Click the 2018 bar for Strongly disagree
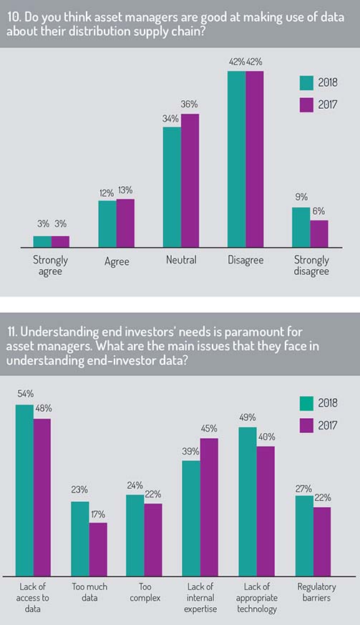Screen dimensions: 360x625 [301, 227]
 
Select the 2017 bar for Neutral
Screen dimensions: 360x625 [190, 180]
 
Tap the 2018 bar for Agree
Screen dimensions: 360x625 [107, 224]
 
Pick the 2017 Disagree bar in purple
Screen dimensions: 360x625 [255, 160]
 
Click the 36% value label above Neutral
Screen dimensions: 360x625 [189, 105]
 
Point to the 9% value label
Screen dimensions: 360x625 [301, 197]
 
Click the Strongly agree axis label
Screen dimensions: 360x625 [51, 266]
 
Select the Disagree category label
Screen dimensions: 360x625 [245, 261]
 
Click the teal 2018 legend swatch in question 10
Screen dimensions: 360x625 [306, 83]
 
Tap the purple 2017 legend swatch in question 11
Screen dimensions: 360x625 [306, 426]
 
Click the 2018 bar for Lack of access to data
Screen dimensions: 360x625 [24, 490]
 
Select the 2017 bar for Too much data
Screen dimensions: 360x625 [98, 549]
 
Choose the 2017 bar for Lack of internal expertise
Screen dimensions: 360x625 [209, 507]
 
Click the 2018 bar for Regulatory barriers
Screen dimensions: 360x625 [305, 536]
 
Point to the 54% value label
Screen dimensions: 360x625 [25, 394]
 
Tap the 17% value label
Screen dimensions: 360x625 [97, 515]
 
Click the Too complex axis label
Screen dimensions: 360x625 [145, 592]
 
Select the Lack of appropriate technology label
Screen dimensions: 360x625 [257, 598]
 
